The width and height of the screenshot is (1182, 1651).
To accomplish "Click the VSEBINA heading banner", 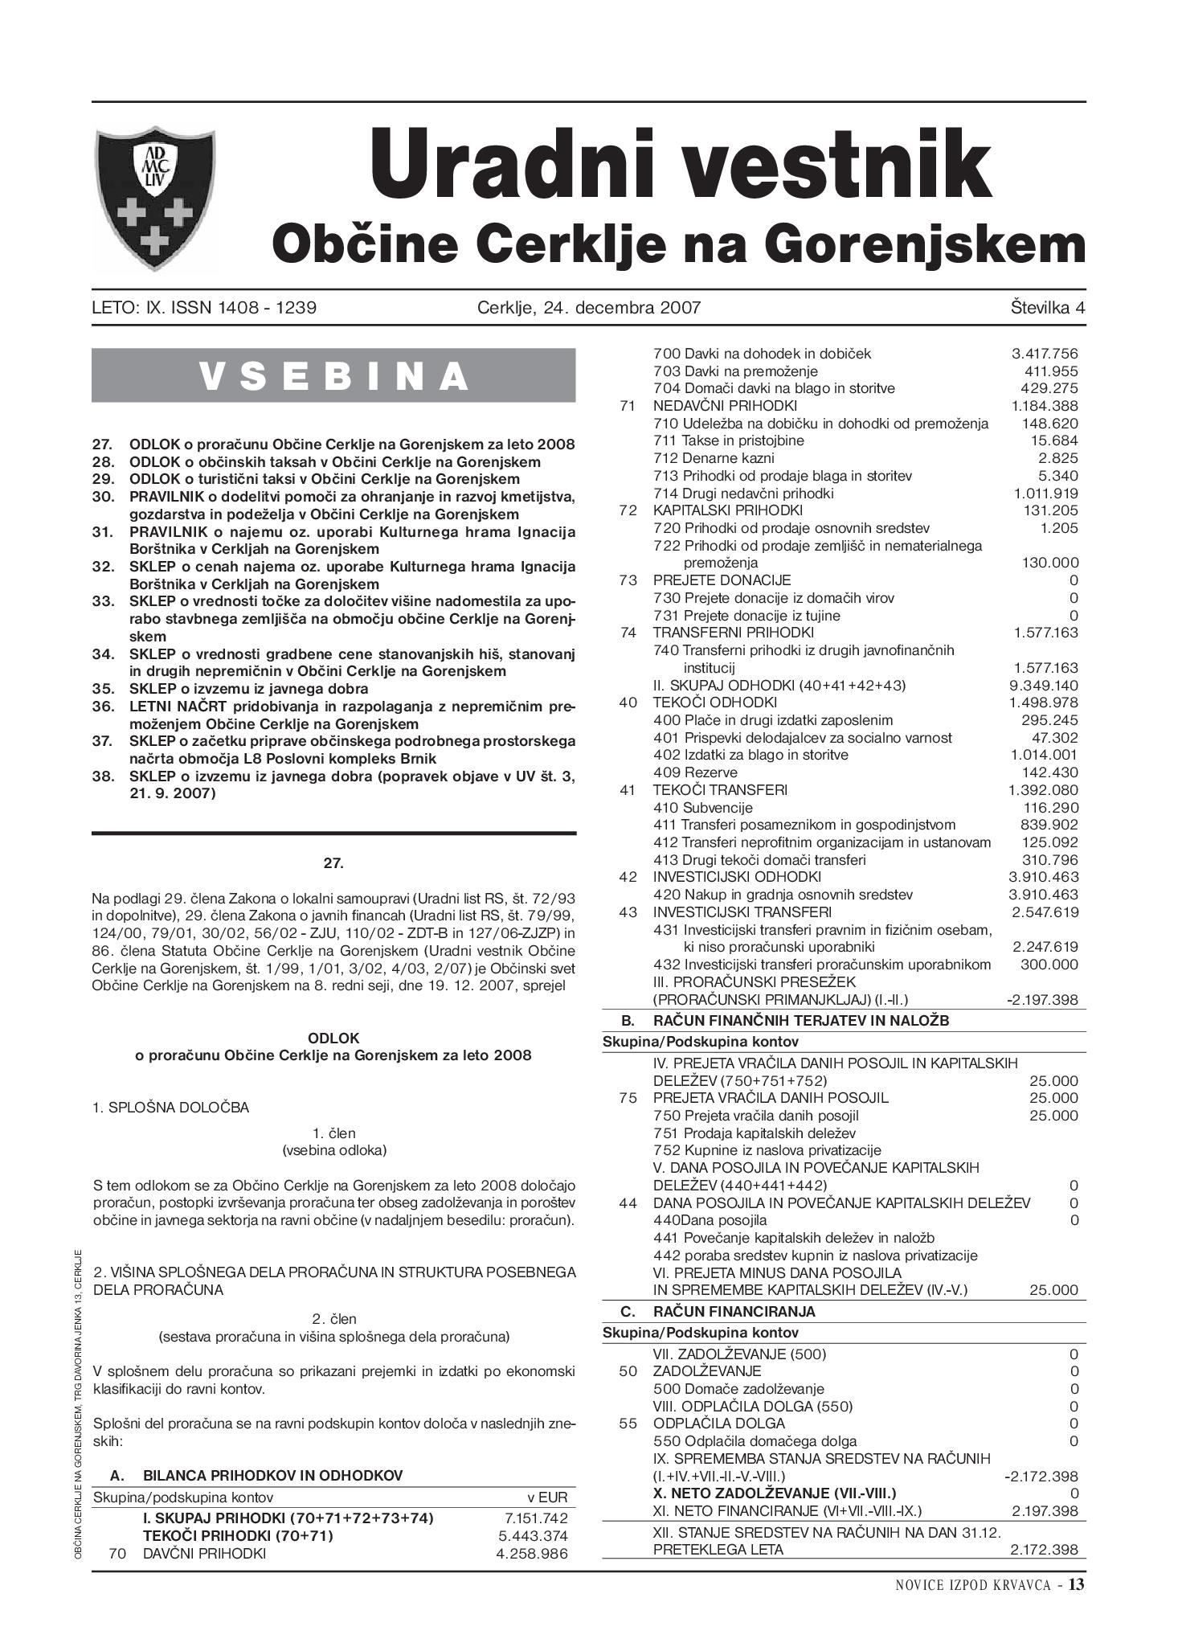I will pyautogui.click(x=333, y=375).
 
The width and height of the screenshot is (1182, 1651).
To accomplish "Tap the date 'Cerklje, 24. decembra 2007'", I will pyautogui.click(x=588, y=307).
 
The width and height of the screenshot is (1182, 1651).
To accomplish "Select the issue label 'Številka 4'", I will pyautogui.click(x=1048, y=307).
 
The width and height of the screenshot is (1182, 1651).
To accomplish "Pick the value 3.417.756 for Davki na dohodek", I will pyautogui.click(x=1044, y=354).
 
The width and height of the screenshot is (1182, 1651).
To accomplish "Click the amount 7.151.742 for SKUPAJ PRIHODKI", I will pyautogui.click(x=536, y=1518).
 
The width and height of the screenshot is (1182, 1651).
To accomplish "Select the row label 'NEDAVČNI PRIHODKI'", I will pyautogui.click(x=725, y=406).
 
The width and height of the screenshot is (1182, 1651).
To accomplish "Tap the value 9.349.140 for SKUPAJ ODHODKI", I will pyautogui.click(x=1044, y=686).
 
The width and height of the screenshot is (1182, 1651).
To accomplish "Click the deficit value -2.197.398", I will pyautogui.click(x=1042, y=1001).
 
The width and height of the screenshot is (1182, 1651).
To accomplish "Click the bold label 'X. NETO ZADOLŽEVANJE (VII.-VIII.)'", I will pyautogui.click(x=775, y=1493).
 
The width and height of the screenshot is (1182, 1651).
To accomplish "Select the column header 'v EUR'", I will pyautogui.click(x=546, y=1497).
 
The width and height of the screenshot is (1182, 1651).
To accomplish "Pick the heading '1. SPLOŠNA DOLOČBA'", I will pyautogui.click(x=170, y=1108).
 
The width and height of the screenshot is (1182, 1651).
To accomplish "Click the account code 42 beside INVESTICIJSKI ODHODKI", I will pyautogui.click(x=628, y=877).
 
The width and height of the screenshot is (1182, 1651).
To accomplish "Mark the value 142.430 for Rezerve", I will pyautogui.click(x=1049, y=772).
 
